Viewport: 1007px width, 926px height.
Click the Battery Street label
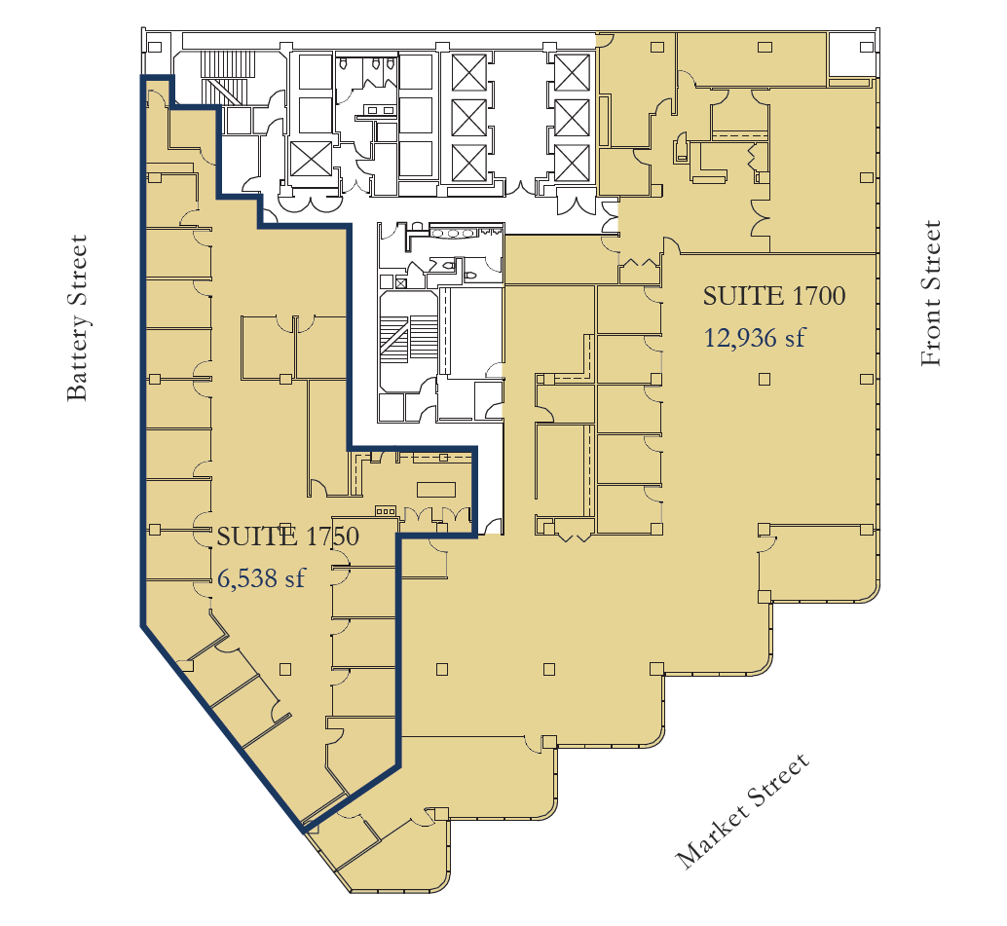pyautogui.click(x=78, y=317)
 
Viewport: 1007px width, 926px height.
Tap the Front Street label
pyautogui.click(x=931, y=293)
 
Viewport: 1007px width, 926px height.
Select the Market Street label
pyautogui.click(x=743, y=811)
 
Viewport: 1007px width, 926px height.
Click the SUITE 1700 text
pyautogui.click(x=773, y=295)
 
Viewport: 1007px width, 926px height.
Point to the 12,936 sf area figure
pyautogui.click(x=755, y=338)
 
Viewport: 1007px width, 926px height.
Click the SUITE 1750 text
pyautogui.click(x=287, y=536)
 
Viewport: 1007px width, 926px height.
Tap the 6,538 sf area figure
pyautogui.click(x=261, y=578)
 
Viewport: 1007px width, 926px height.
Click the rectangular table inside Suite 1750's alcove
pyautogui.click(x=436, y=489)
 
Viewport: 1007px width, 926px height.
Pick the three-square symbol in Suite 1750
pyautogui.click(x=385, y=509)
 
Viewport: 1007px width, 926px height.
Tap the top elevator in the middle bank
pyautogui.click(x=463, y=73)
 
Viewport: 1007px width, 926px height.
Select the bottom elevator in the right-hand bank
pyautogui.click(x=573, y=161)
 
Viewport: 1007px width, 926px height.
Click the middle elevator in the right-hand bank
pyautogui.click(x=573, y=117)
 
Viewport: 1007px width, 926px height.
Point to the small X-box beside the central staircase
pyautogui.click(x=401, y=282)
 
